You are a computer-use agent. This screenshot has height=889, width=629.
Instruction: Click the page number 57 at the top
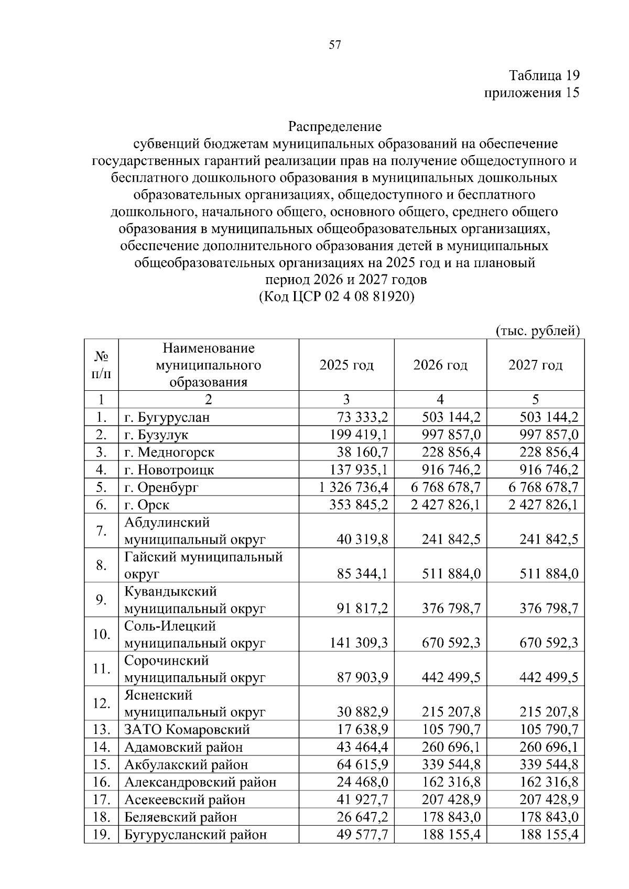(x=335, y=45)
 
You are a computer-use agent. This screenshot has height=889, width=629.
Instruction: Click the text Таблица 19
(x=544, y=75)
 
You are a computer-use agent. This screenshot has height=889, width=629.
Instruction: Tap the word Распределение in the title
(x=335, y=126)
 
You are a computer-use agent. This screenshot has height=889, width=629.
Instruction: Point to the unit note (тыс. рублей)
(x=538, y=331)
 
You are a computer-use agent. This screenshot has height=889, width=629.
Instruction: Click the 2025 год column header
(x=346, y=365)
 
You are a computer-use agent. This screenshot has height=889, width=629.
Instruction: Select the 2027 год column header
(x=535, y=365)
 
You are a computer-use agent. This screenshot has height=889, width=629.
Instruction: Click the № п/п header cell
(x=102, y=365)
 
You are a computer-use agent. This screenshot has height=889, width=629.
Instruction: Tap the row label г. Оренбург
(x=161, y=488)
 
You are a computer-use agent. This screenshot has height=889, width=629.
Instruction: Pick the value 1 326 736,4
(x=353, y=488)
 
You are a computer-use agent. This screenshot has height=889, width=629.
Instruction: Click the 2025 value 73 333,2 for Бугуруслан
(x=362, y=418)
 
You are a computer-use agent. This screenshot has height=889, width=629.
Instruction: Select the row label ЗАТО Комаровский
(x=187, y=730)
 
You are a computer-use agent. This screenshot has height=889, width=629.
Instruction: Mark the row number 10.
(x=101, y=634)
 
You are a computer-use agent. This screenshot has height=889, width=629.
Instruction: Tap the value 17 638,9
(x=362, y=730)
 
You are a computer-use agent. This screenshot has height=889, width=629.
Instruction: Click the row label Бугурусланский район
(x=196, y=835)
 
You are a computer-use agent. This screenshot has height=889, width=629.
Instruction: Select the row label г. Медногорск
(x=169, y=452)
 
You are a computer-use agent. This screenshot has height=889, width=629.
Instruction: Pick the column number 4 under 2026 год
(x=440, y=400)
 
